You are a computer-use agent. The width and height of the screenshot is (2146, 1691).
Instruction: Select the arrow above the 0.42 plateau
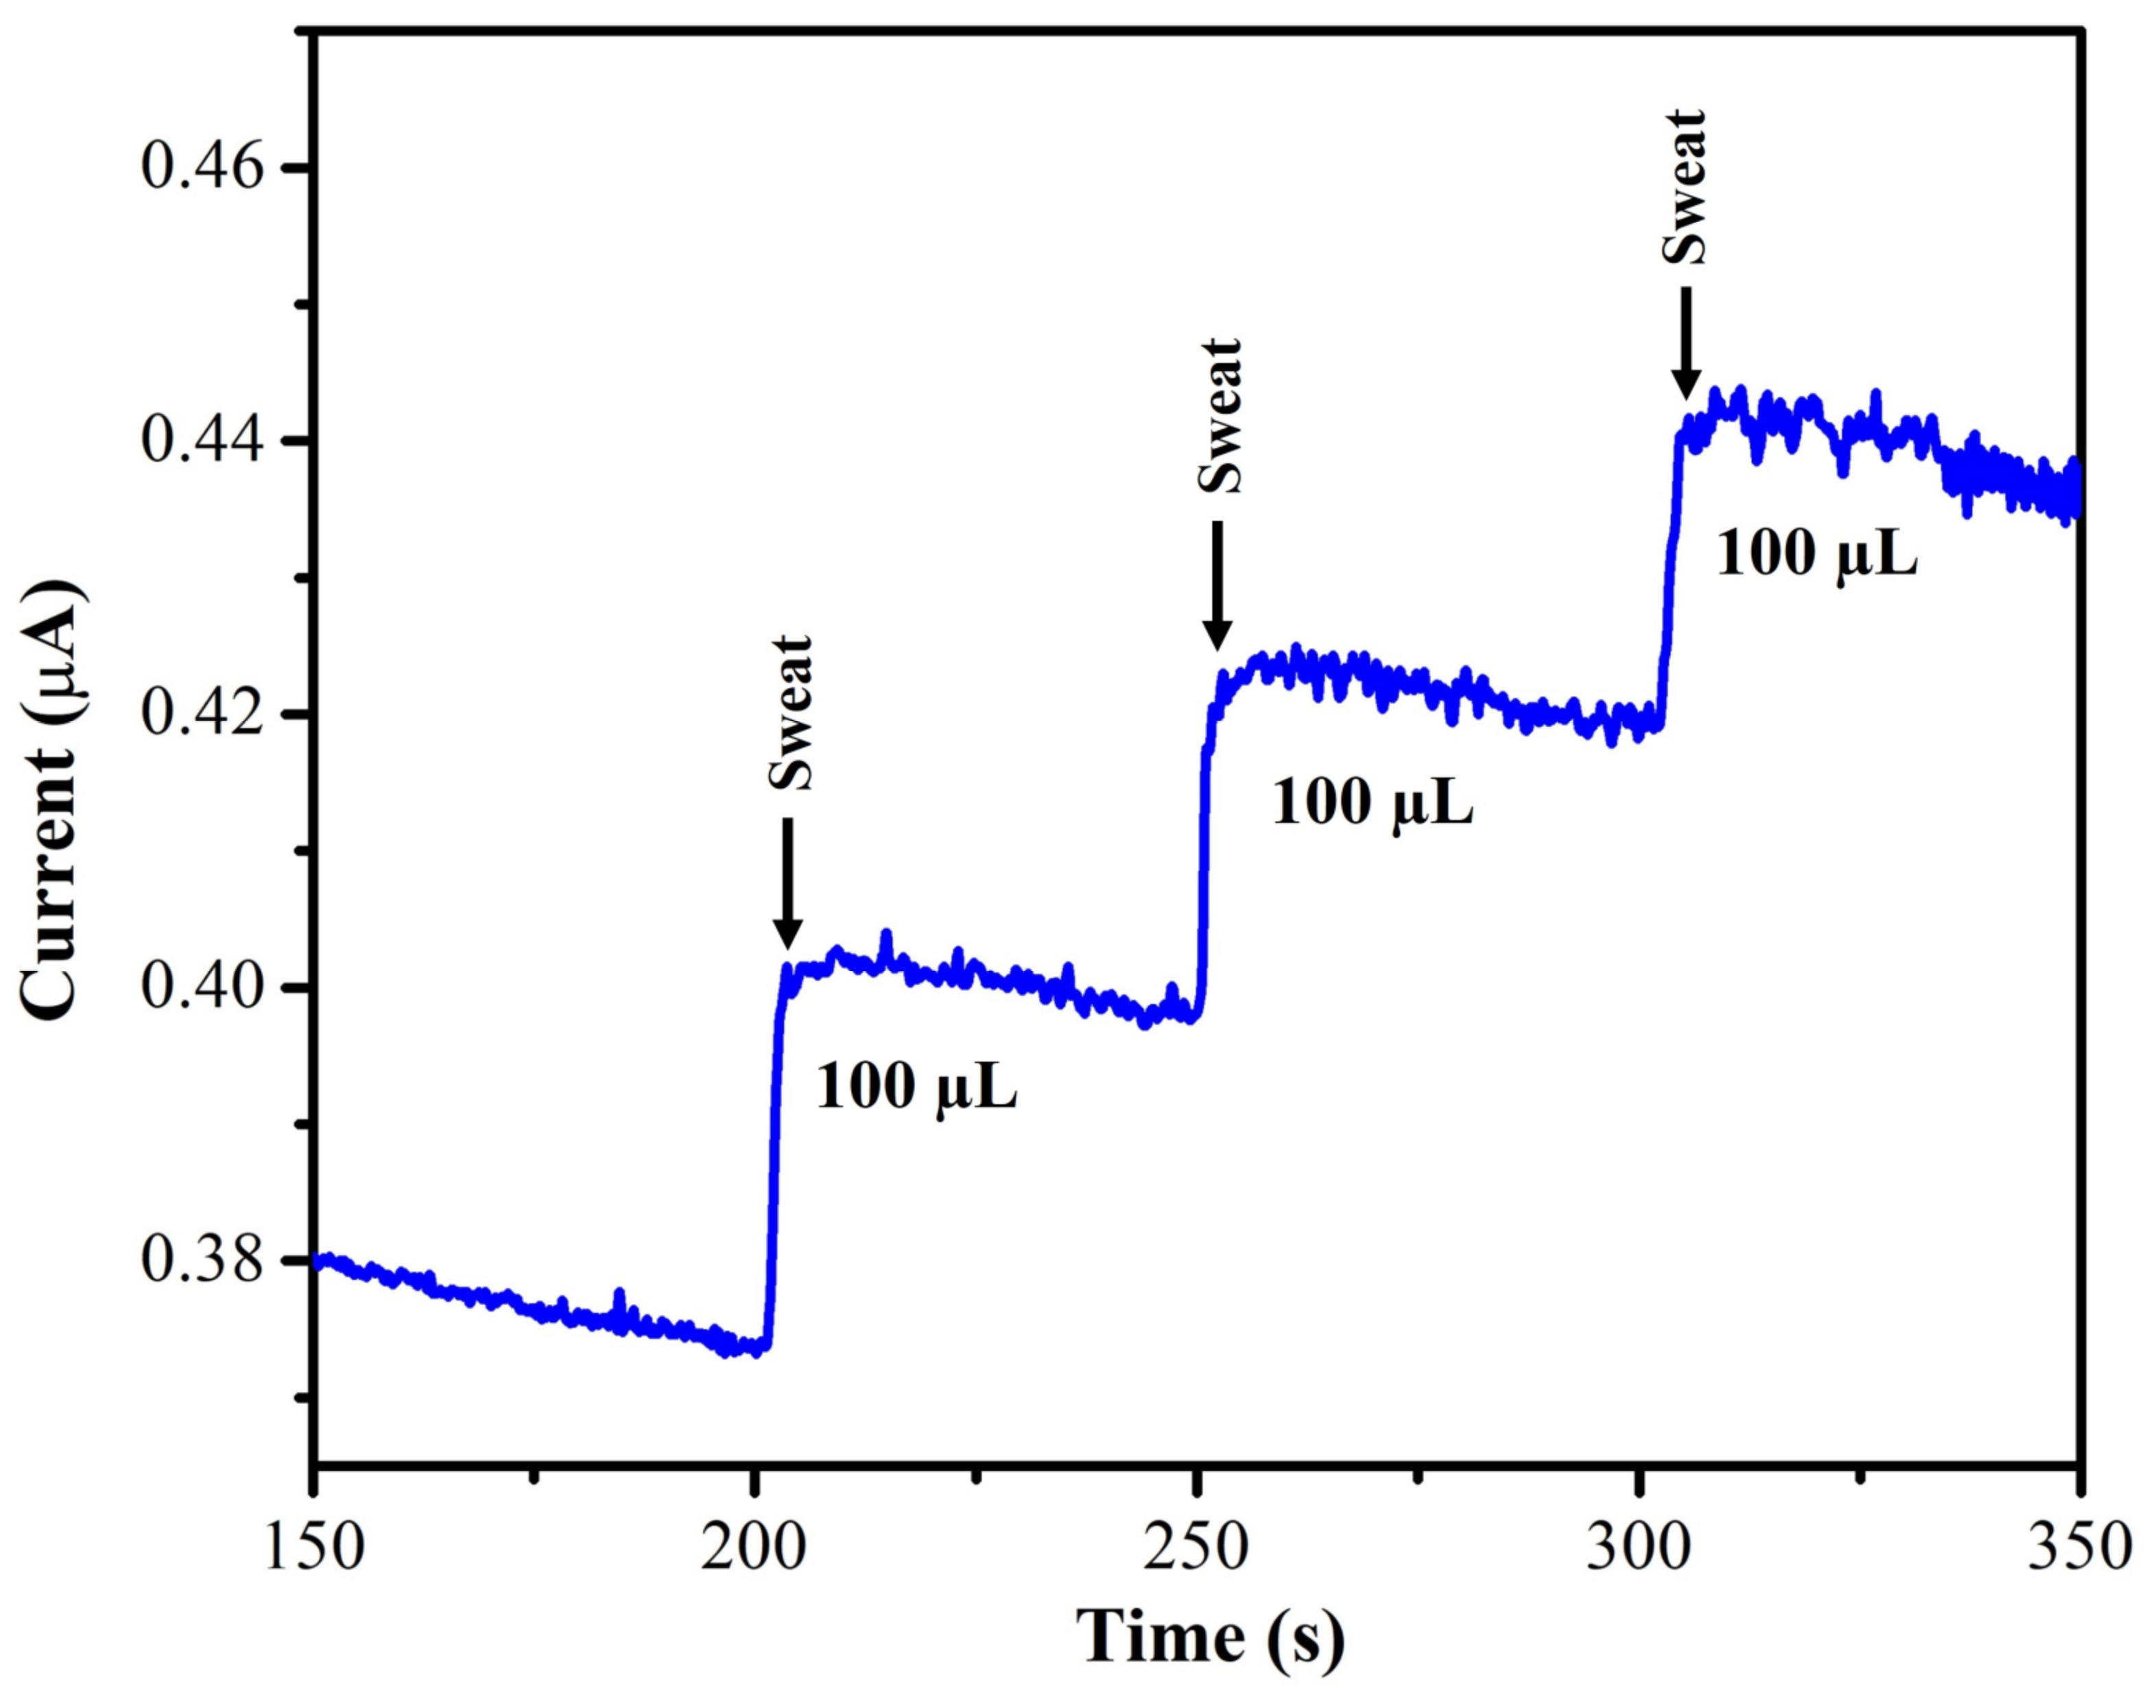point(1218,586)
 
